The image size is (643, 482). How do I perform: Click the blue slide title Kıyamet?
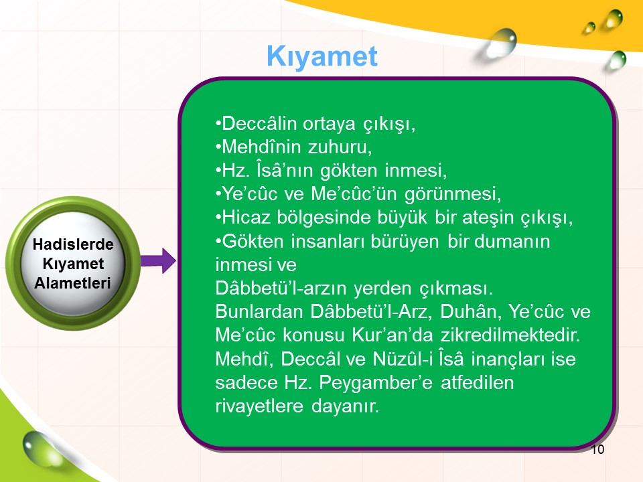pos(322,56)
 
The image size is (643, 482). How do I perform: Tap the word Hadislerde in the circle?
pos(73,244)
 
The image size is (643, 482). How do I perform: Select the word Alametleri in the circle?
pos(72,283)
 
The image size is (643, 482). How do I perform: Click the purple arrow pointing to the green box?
pos(158,260)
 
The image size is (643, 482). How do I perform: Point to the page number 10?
pos(597,450)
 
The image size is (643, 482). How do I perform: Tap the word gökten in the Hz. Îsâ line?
pos(348,171)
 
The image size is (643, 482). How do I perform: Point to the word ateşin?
pos(488,218)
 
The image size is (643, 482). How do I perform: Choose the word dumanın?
pos(512,241)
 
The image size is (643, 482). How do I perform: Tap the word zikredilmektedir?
pos(510,335)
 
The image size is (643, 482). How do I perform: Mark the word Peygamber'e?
pos(376,383)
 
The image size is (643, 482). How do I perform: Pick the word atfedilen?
pos(478,382)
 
